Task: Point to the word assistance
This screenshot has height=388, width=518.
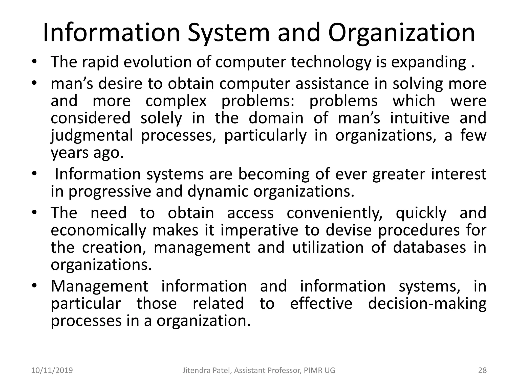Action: pyautogui.click(x=332, y=84)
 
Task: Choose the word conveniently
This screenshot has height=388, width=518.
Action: pyautogui.click(x=335, y=213)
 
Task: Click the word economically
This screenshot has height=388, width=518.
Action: pyautogui.click(x=99, y=230)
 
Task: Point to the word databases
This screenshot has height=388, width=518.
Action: pyautogui.click(x=429, y=247)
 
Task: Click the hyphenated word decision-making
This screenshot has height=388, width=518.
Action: pyautogui.click(x=427, y=303)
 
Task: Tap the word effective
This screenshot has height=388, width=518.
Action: pyautogui.click(x=321, y=303)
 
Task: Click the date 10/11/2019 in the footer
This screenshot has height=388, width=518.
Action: pyautogui.click(x=52, y=370)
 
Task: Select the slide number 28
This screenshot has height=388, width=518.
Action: pyautogui.click(x=482, y=370)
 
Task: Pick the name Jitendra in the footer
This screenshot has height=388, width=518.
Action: pyautogui.click(x=195, y=370)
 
